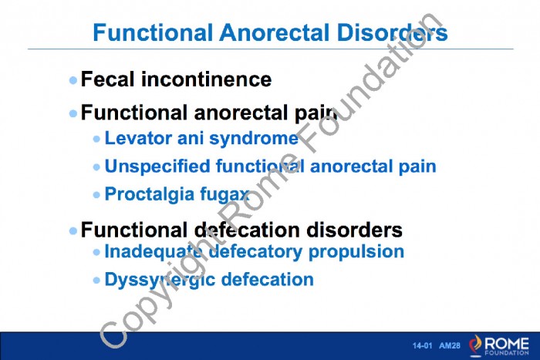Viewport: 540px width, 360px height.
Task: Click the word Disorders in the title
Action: [392, 32]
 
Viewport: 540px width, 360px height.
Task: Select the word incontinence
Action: [206, 79]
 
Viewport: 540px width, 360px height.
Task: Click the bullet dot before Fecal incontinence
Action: [73, 80]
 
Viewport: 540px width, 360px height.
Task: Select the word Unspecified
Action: [157, 167]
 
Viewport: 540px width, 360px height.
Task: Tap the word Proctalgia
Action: [150, 194]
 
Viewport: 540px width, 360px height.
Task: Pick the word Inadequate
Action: [153, 252]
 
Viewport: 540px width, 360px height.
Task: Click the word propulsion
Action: [356, 252]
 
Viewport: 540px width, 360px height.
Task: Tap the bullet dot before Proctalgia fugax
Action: [96, 195]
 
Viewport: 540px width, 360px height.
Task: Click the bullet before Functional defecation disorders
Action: [73, 230]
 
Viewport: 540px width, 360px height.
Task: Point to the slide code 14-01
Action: [422, 345]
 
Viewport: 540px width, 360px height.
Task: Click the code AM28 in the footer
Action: [450, 345]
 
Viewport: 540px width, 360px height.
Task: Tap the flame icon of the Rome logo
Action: [476, 345]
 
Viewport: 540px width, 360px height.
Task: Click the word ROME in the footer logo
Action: [507, 343]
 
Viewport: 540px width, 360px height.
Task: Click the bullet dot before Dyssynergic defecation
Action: [96, 281]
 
